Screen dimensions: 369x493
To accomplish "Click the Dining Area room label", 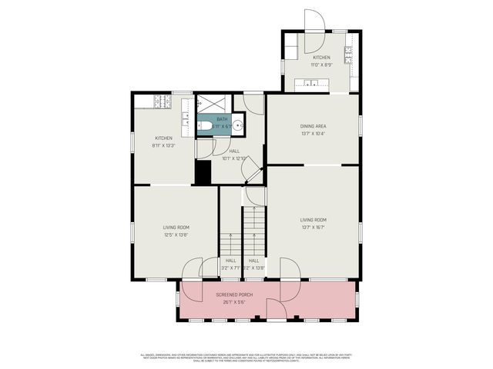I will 313,125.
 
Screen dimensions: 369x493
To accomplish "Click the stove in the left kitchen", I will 162,100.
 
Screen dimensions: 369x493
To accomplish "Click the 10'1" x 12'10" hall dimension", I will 233,158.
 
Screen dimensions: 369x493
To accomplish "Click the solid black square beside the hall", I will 203,172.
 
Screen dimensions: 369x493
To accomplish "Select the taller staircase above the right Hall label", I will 254,231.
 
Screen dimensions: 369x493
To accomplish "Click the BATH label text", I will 222,119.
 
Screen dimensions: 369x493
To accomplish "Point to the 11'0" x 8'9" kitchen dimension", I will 321,65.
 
